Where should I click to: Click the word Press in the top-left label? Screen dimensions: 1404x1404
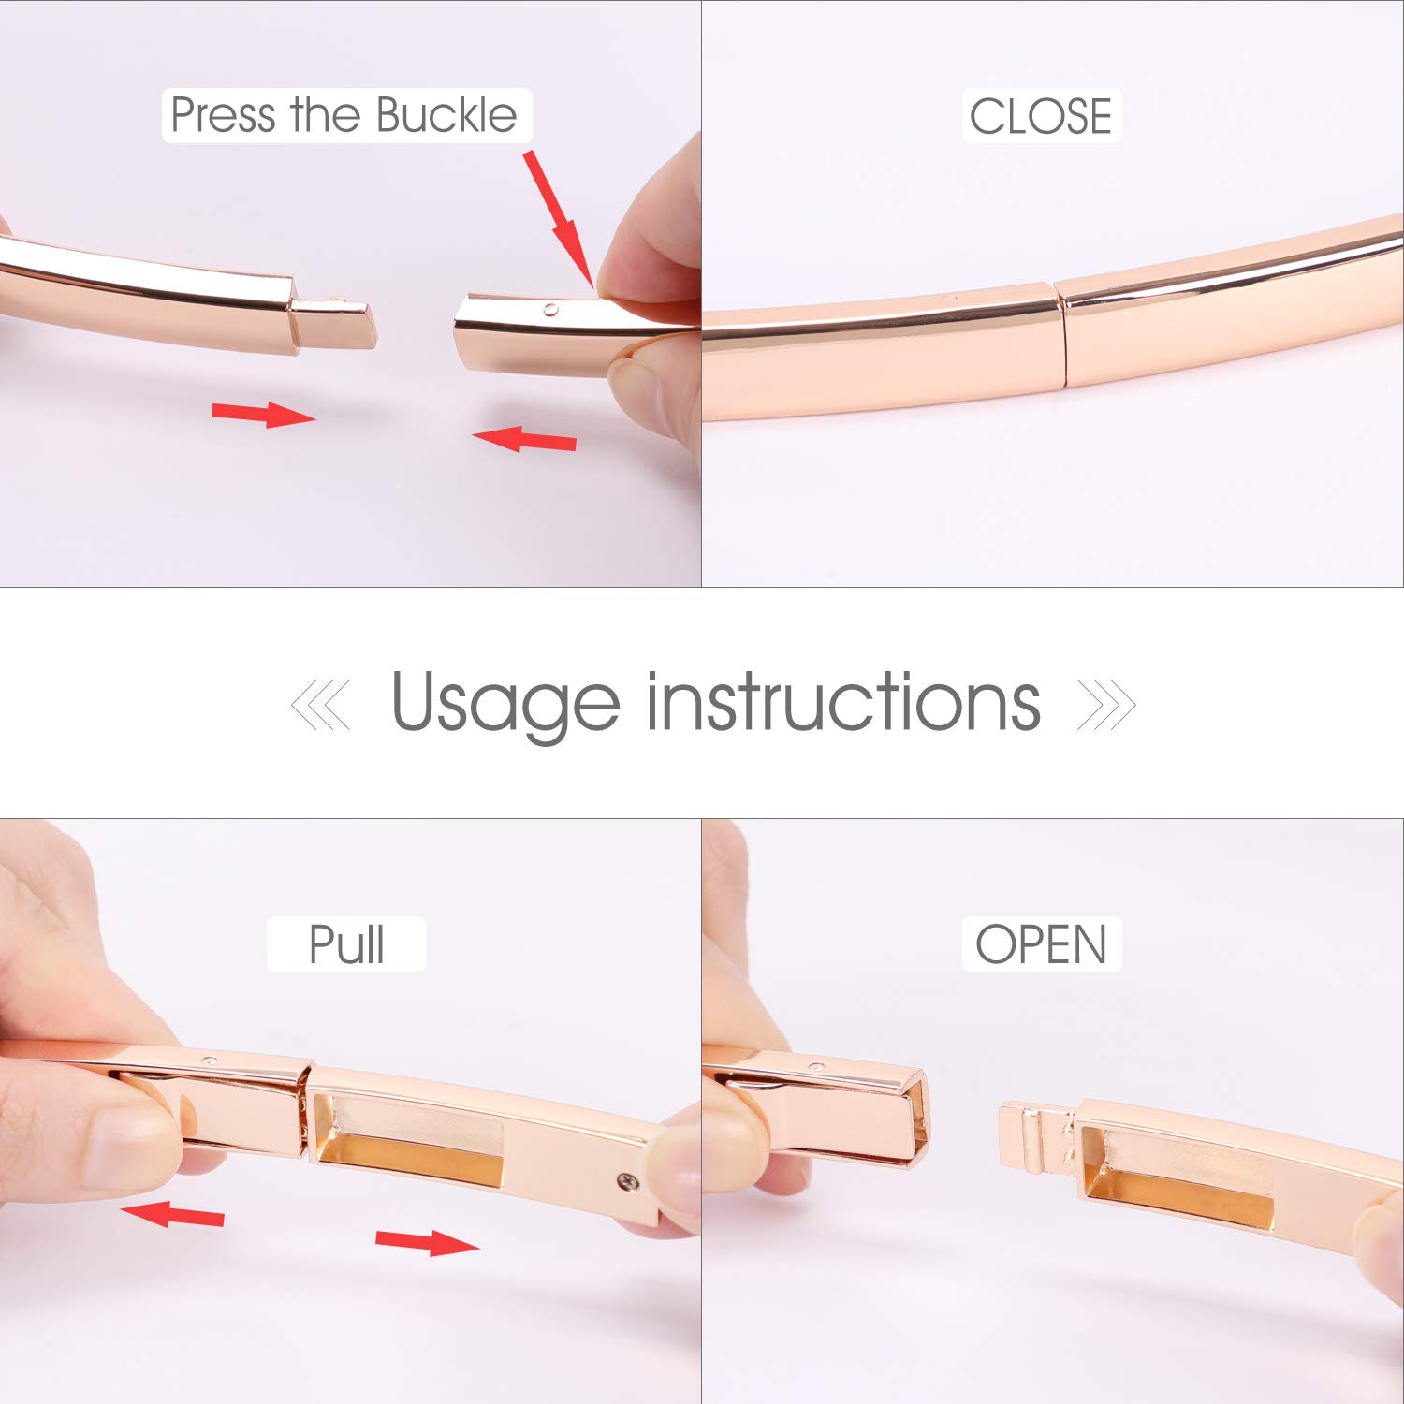pos(224,115)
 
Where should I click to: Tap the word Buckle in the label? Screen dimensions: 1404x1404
pos(446,115)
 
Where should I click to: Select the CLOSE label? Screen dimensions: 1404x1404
pos(1041,117)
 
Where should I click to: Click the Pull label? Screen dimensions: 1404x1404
pos(346,943)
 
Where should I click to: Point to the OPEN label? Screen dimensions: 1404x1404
pos(1041,943)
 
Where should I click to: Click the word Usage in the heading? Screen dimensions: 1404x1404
pos(505,702)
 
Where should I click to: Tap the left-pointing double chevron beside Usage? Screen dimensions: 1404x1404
pos(320,705)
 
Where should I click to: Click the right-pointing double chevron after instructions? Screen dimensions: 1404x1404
pos(1107,705)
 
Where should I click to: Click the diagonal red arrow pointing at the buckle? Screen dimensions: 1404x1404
pos(559,218)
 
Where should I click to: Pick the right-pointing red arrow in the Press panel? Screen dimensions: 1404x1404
pos(264,413)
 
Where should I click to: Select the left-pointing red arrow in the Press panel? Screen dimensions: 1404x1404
pos(523,437)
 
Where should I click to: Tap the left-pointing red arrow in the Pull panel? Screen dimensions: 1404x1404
pos(172,1214)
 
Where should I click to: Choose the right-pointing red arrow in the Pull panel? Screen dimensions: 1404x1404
pos(428,1242)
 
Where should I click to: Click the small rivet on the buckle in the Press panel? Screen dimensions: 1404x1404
pos(550,308)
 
